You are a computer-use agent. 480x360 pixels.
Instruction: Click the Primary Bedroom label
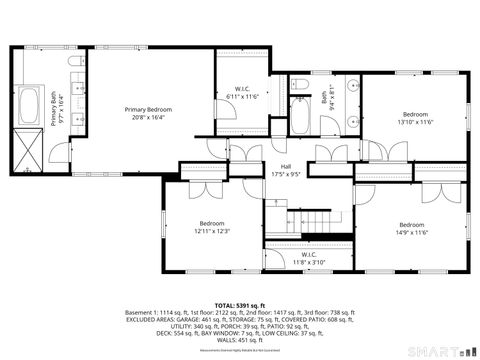click(148, 109)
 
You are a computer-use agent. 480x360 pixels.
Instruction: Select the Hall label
click(285, 168)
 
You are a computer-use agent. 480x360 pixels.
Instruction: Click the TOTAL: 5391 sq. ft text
click(239, 304)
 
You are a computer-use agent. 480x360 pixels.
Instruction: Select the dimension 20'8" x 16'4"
click(148, 116)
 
